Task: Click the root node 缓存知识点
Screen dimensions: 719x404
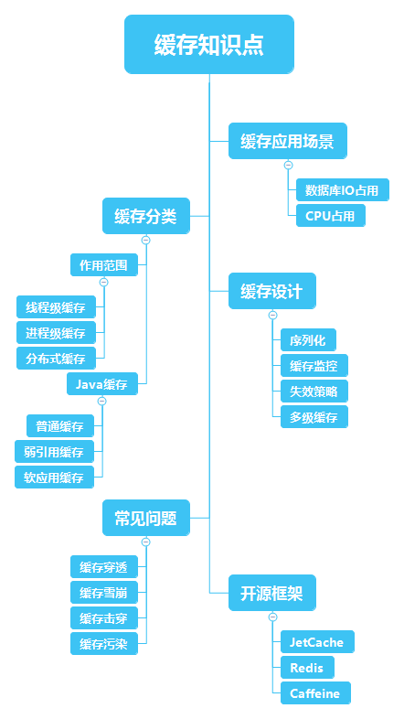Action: click(209, 45)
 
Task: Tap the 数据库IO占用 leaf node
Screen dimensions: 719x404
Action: click(342, 190)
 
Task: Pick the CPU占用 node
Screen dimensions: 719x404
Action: click(330, 216)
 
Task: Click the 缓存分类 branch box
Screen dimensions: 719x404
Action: click(145, 217)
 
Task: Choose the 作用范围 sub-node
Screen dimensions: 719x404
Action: click(103, 265)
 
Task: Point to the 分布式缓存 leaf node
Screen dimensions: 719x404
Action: click(56, 358)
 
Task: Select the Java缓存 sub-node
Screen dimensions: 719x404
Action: click(101, 383)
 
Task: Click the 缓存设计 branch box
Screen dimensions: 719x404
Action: click(271, 292)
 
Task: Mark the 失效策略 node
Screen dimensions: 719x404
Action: click(314, 392)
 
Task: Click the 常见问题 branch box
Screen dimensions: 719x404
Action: click(145, 518)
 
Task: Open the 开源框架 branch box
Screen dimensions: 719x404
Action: click(271, 594)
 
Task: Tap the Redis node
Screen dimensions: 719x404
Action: click(305, 668)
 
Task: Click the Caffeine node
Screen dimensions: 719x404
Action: click(314, 693)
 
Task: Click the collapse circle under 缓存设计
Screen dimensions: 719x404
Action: click(272, 316)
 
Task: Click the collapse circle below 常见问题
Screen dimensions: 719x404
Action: click(145, 542)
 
